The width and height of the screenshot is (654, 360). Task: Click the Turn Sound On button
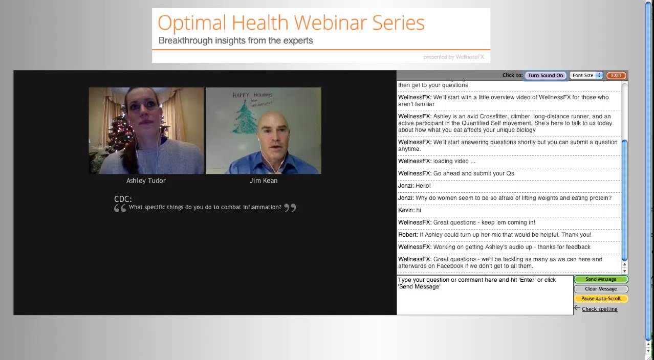tap(546, 75)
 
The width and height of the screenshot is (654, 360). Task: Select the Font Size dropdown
tap(586, 75)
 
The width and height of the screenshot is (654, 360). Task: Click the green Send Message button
tap(601, 279)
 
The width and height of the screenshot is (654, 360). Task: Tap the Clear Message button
tap(601, 289)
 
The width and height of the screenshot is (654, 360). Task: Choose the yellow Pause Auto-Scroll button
tap(601, 299)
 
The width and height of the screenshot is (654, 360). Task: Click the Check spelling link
tap(599, 309)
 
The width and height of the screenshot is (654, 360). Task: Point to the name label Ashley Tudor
tap(146, 181)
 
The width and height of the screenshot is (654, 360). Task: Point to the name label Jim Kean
tap(263, 181)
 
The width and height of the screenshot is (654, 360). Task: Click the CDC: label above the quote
tap(123, 199)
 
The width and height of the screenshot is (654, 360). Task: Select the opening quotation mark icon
tap(120, 208)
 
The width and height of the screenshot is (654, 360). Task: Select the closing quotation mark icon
tap(290, 208)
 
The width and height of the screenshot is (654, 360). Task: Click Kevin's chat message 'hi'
tap(409, 210)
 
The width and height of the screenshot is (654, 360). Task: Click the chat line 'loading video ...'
tap(437, 161)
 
